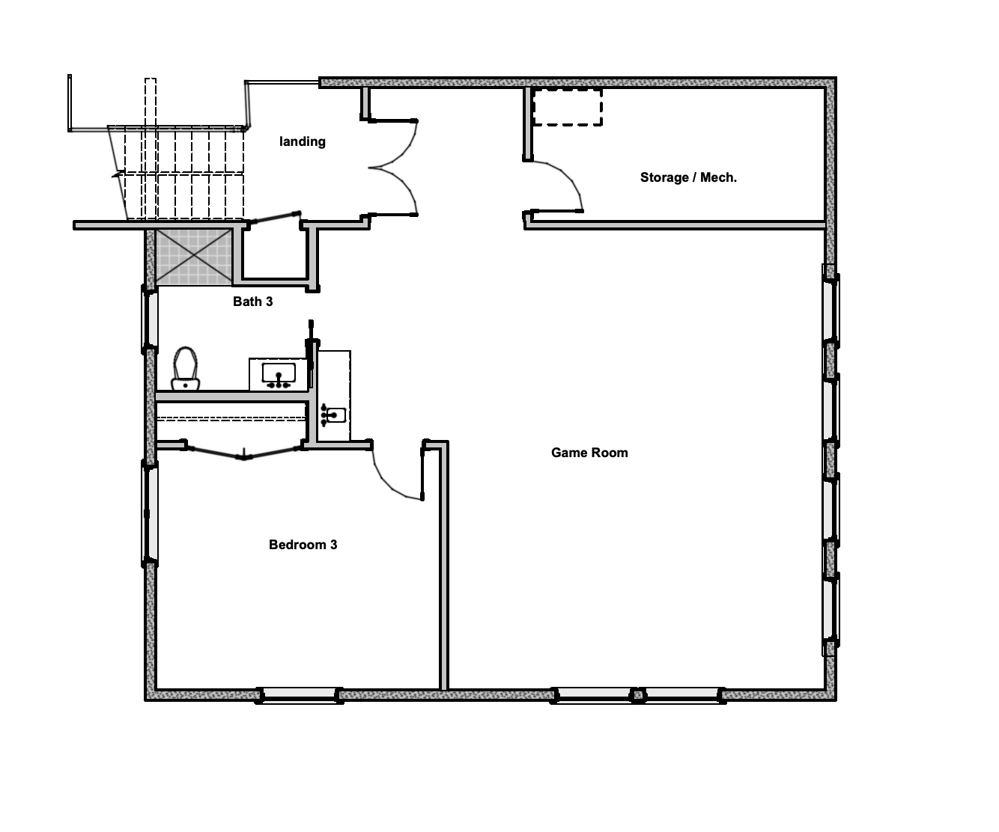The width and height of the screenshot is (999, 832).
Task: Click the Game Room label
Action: pos(589,453)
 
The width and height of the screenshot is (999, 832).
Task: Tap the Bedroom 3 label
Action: pos(303,545)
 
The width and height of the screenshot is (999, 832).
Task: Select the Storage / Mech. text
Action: pos(688,177)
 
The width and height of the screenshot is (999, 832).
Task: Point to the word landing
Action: pos(303,141)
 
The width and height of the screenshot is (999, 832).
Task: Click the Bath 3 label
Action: pos(252,302)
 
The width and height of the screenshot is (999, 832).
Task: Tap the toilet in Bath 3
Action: pos(186,369)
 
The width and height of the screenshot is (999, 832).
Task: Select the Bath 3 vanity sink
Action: pos(279,375)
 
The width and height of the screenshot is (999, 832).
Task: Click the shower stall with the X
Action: pos(194,257)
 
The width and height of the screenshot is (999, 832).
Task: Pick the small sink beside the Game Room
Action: pos(333,415)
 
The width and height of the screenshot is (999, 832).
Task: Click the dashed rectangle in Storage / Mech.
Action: pos(567,107)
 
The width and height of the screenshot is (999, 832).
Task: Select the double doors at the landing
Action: pos(393,168)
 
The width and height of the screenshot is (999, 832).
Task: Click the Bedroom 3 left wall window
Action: pos(150,513)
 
